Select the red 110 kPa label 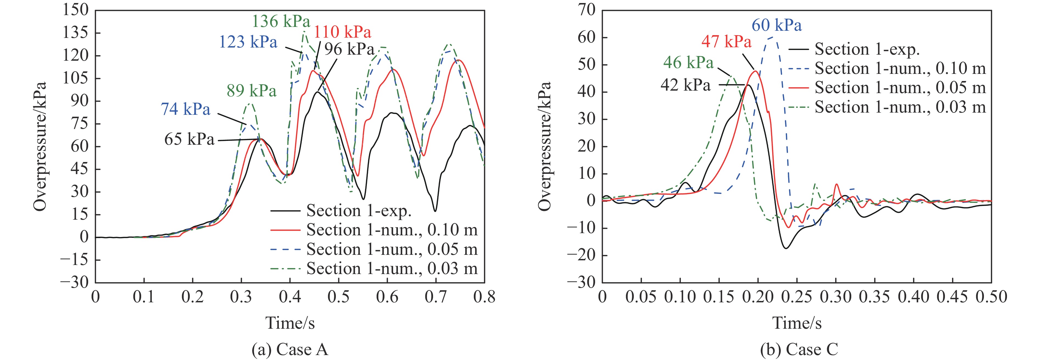coord(342,32)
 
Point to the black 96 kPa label coord(349,49)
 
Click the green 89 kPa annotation coord(252,91)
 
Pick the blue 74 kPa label coord(185,109)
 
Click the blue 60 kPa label coord(777,25)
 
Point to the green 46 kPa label coord(688,63)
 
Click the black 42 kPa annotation coord(685,85)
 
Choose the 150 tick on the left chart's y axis coord(75,10)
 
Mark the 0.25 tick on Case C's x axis coord(797,297)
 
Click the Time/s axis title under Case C coord(797,323)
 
